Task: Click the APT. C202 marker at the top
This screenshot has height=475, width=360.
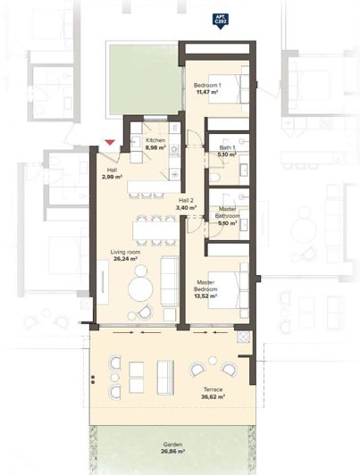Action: [x=219, y=18]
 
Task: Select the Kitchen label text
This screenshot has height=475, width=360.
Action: [x=155, y=142]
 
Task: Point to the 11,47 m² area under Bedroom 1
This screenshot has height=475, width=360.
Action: [x=207, y=93]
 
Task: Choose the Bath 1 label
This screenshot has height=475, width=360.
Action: [x=227, y=146]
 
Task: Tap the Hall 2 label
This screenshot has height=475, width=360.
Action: [x=186, y=201]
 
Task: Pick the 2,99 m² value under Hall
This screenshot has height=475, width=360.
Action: [x=112, y=178]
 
